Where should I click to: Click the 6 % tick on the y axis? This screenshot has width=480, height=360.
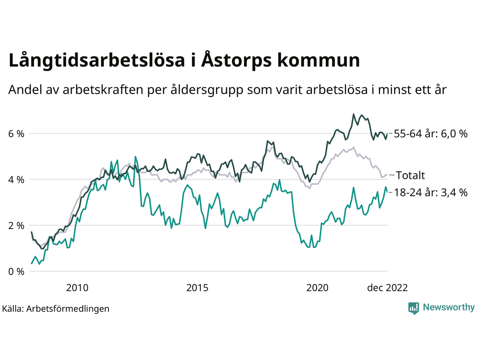(16, 134)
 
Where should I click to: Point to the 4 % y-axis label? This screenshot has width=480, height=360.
(16, 180)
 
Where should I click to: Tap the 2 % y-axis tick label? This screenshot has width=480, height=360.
(16, 226)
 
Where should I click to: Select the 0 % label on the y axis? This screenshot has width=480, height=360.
(16, 271)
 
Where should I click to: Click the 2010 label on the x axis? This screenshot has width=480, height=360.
(77, 288)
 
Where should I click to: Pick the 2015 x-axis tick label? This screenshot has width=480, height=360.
(197, 288)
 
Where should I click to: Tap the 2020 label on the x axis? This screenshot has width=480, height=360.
(317, 288)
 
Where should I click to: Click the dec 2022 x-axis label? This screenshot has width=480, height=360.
(387, 288)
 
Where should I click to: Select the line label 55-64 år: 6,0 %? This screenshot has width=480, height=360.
(430, 133)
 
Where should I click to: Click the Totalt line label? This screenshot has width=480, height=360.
(410, 175)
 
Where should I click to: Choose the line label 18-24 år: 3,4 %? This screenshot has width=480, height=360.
(430, 192)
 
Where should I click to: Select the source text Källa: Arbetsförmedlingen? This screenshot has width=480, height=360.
(55, 309)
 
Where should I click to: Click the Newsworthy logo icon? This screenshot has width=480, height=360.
(413, 308)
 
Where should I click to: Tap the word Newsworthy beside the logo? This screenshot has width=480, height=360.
(448, 307)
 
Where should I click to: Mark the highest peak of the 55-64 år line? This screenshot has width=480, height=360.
(353, 114)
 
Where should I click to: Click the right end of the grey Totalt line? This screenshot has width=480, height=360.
(387, 175)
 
